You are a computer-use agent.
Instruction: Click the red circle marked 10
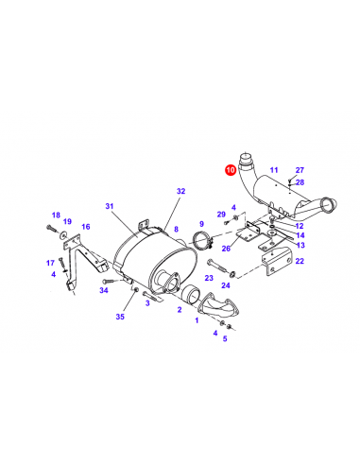[x=231, y=170]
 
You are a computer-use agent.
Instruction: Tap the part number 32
[x=181, y=191]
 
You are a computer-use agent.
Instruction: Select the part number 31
[x=110, y=206]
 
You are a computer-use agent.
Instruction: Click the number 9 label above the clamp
[x=201, y=224]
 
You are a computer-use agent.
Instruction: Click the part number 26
[x=226, y=249]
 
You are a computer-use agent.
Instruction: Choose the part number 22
[x=300, y=261]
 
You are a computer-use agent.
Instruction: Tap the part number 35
[x=120, y=317]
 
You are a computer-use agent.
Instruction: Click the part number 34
[x=104, y=290]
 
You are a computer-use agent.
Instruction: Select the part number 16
[x=86, y=227]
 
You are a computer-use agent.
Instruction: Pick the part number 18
[x=56, y=215]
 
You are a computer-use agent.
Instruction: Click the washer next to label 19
[x=62, y=234]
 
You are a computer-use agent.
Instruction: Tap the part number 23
[x=209, y=278]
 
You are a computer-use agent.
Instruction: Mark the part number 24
[x=226, y=285]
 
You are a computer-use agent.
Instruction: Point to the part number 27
[x=300, y=170]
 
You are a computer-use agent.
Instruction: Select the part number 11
[x=274, y=170]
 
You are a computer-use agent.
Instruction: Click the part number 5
[x=225, y=339]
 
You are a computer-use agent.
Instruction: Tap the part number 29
[x=221, y=215]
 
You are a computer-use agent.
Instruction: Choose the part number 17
[x=50, y=263]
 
